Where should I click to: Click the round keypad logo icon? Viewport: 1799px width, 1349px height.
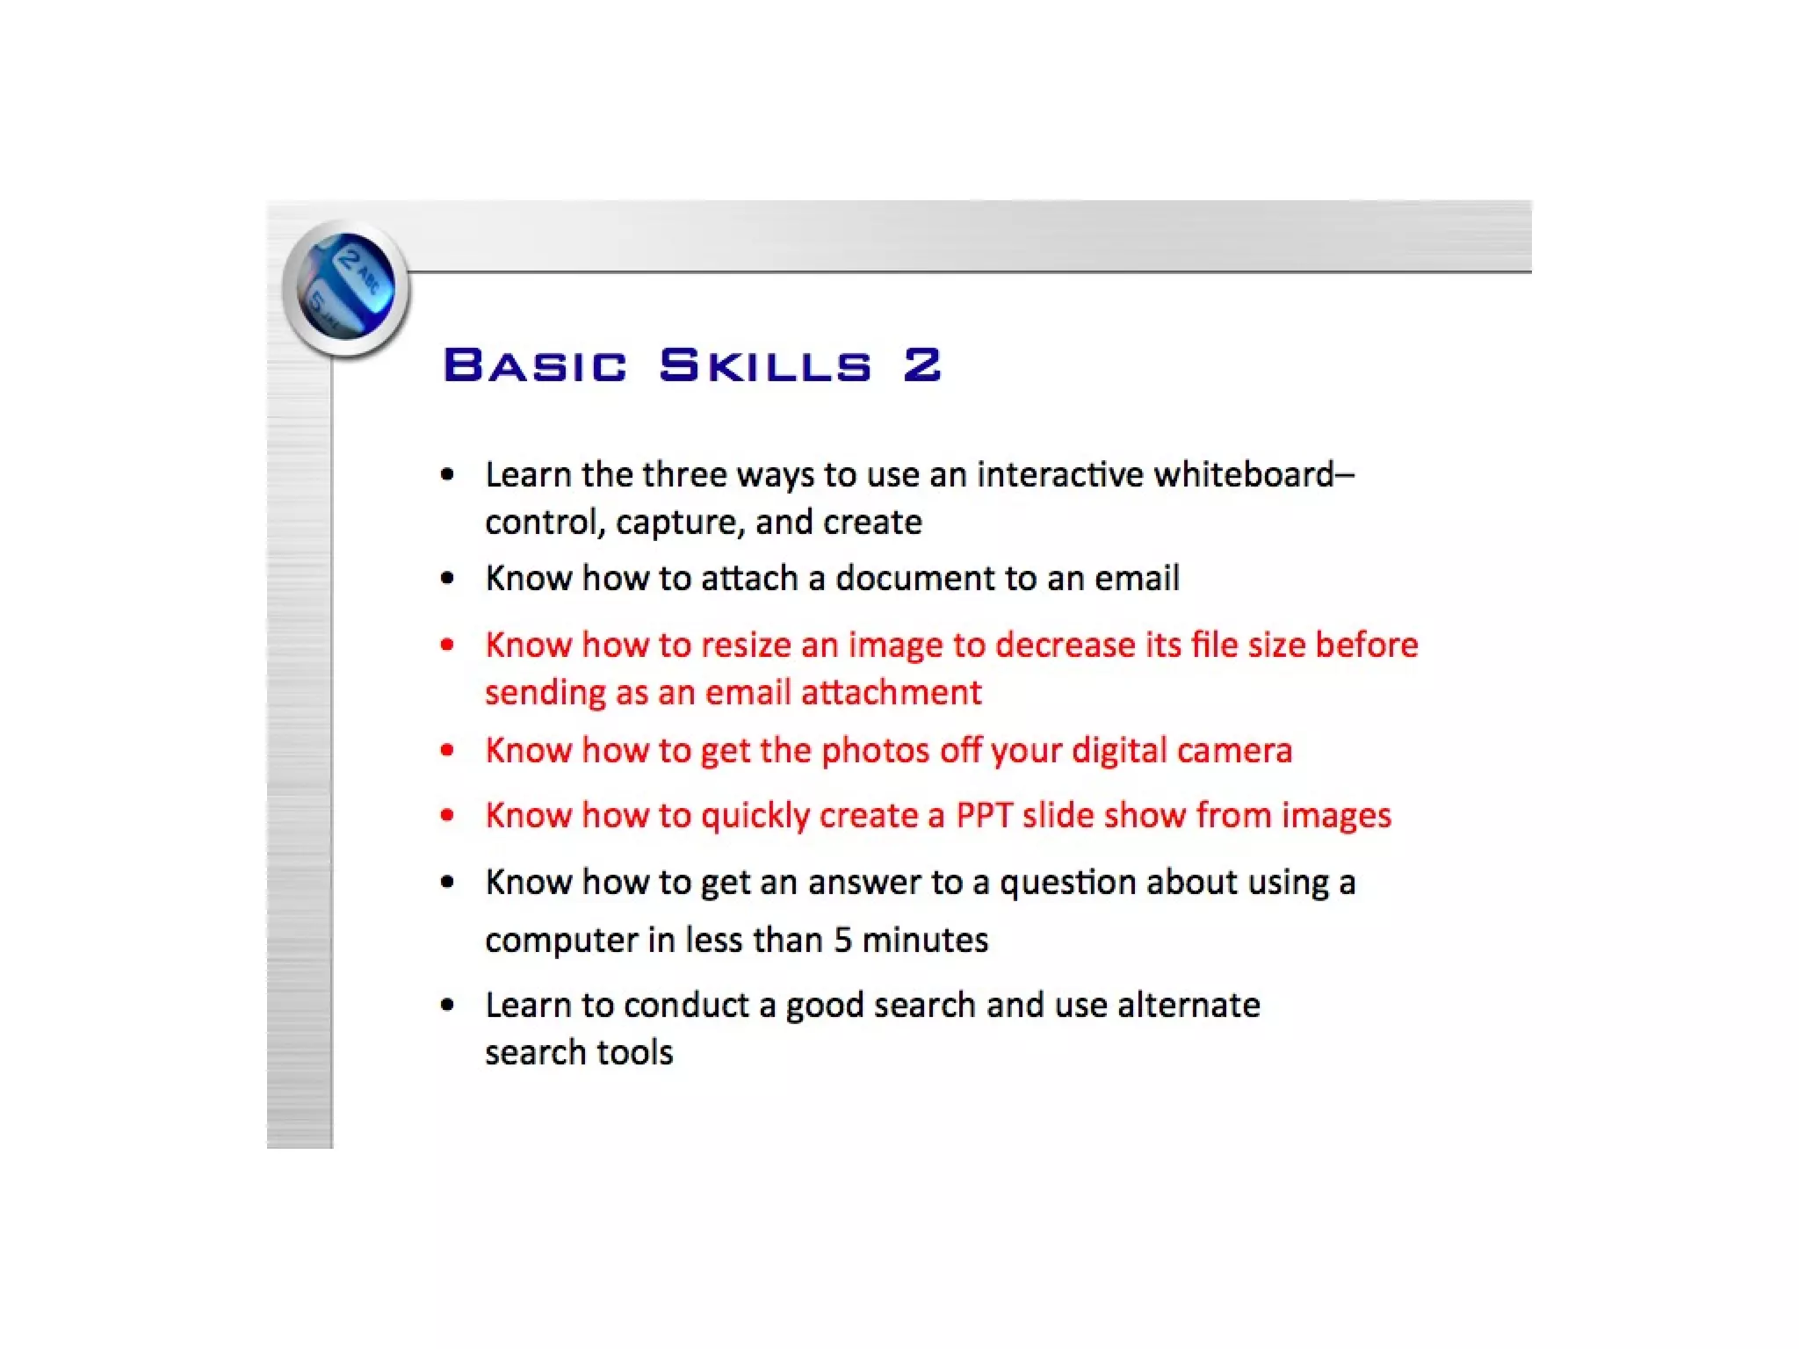(346, 287)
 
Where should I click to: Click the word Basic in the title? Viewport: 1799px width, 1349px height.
(535, 365)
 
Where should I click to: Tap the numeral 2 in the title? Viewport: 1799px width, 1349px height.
(922, 365)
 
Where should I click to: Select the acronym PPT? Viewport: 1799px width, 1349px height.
(984, 815)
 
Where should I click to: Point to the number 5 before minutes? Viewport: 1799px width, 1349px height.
(842, 940)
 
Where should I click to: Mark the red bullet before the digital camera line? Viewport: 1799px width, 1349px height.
(448, 750)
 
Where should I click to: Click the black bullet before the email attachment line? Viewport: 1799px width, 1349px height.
(448, 578)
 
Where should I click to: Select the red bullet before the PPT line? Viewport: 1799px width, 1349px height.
(448, 815)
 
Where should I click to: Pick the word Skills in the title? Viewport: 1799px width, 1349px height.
(765, 365)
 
